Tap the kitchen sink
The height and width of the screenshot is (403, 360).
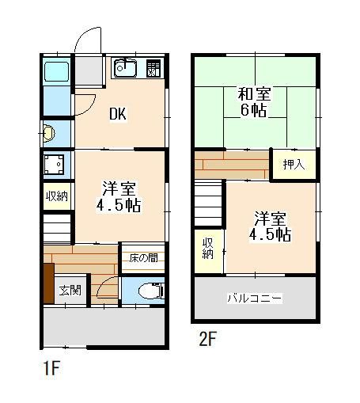125,69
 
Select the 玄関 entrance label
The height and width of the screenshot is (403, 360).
70,291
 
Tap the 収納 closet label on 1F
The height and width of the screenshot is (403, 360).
55,195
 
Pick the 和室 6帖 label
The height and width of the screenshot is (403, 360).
253,102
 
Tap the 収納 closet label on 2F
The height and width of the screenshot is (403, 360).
208,248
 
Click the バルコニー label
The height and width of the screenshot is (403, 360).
255,299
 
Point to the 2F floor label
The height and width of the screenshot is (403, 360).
207,340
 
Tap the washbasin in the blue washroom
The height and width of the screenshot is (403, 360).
49,132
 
